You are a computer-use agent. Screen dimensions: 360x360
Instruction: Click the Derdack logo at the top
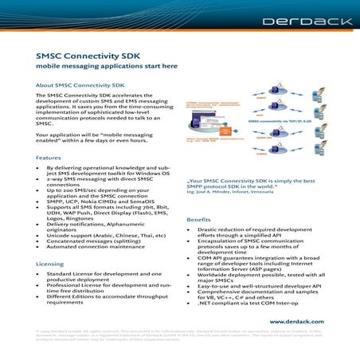coord(315,25)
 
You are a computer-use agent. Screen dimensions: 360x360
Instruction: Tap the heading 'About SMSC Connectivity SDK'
coord(80,84)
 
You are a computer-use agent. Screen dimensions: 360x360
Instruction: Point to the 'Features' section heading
coord(48,158)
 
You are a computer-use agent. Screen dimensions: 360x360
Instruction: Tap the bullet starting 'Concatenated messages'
coord(100,243)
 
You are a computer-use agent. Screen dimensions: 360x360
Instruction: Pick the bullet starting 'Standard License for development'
coord(103,276)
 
